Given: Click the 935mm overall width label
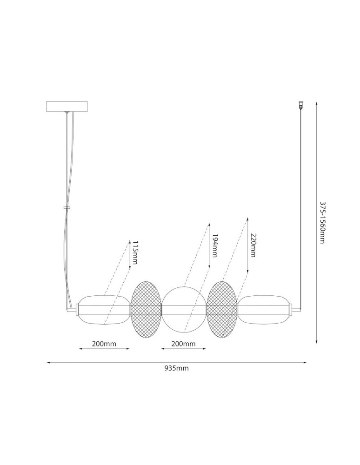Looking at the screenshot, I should pos(177,368).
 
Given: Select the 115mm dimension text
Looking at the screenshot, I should pos(135,252).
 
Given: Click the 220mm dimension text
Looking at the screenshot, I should pos(253,245).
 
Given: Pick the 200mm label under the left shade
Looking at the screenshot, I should pos(104,344).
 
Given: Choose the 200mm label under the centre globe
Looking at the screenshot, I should pos(183,344).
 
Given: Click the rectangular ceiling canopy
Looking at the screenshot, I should pos(67,106).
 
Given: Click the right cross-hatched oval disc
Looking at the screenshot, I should pos(222,310).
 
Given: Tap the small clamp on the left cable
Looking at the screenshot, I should pos(67,208).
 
